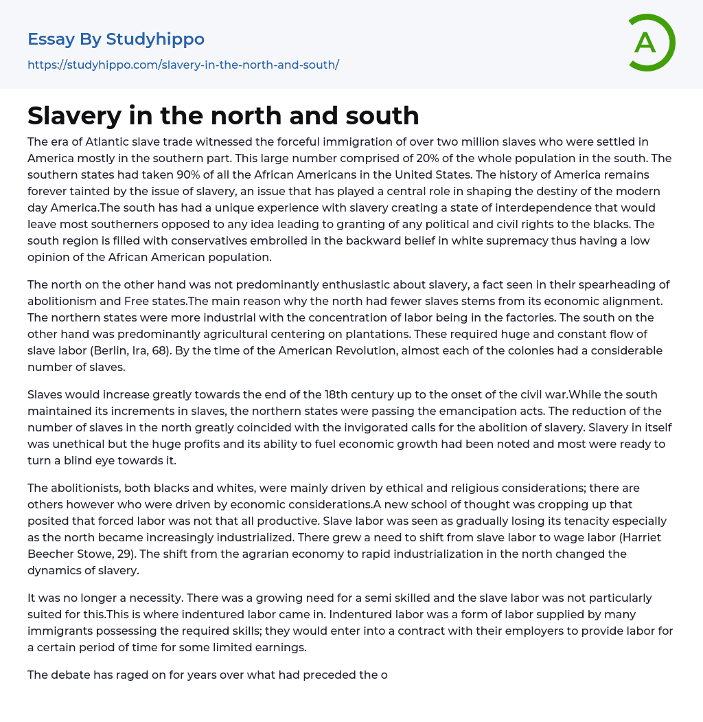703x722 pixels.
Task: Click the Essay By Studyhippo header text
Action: pos(116,39)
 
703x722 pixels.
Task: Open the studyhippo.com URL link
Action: pos(183,65)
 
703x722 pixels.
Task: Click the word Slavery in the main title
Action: pos(73,115)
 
